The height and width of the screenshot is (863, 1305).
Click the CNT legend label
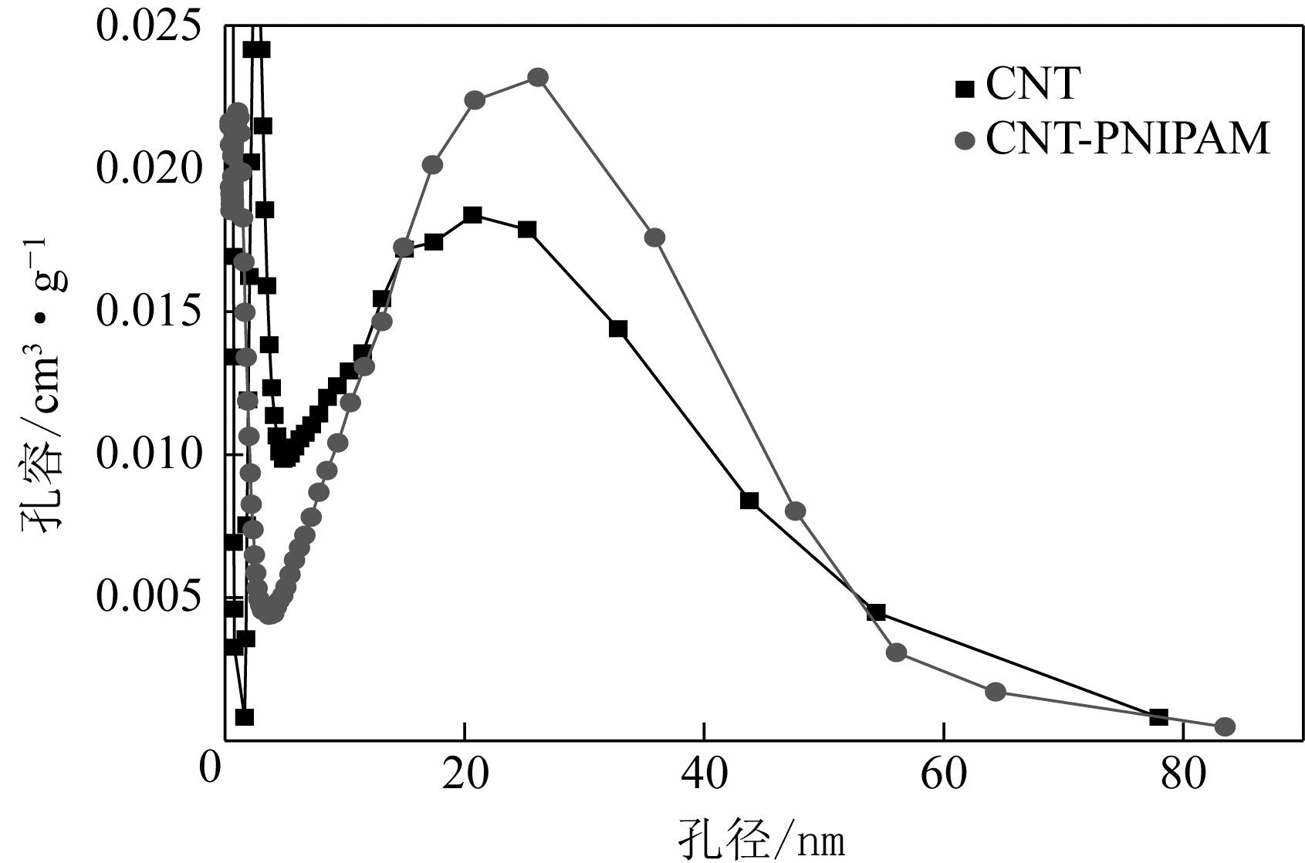[1032, 84]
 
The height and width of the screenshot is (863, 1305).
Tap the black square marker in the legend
[965, 89]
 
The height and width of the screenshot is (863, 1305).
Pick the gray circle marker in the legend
[965, 141]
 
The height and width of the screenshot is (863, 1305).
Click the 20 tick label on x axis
[465, 775]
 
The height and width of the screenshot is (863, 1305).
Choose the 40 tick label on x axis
[704, 775]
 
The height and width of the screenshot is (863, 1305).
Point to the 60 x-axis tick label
[944, 775]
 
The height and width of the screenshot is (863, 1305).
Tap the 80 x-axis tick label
[1183, 775]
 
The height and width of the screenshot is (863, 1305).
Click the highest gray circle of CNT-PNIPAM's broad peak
[538, 77]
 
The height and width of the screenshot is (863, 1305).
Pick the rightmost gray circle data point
[1225, 726]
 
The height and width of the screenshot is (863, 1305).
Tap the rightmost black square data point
[1158, 716]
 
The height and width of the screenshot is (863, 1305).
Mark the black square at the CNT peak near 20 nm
[473, 214]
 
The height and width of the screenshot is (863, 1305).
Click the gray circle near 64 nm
[996, 691]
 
